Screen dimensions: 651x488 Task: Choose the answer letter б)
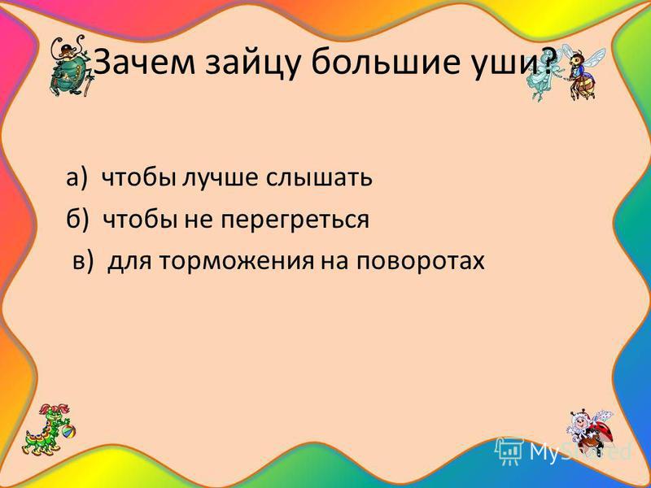coord(77,219)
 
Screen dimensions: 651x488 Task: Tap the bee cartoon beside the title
coord(581,72)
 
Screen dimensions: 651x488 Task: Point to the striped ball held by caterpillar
coord(68,432)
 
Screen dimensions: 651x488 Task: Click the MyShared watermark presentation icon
coord(510,451)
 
